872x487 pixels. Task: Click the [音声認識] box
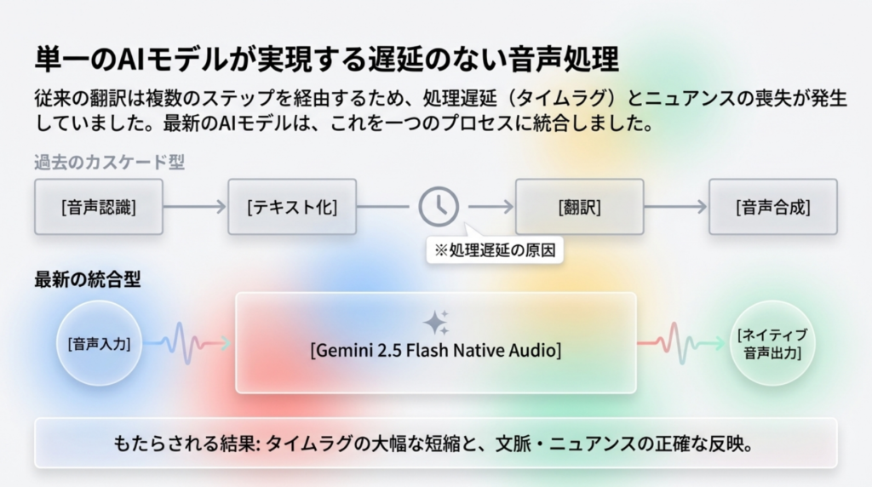(98, 207)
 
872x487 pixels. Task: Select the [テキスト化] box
(291, 207)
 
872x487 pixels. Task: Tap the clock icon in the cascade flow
(439, 206)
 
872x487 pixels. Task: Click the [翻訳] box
(579, 207)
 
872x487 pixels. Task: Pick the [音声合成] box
(772, 207)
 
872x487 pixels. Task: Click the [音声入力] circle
(98, 344)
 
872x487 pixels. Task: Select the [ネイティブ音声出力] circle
(772, 343)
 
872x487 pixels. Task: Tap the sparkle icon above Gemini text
(436, 322)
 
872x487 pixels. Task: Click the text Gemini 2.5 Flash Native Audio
(436, 349)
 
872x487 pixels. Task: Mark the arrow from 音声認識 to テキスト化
(194, 207)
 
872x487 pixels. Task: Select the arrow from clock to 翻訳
(490, 207)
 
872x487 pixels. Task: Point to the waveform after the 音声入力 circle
(189, 343)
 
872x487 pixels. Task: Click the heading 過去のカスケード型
(109, 162)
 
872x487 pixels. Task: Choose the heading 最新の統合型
(88, 278)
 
